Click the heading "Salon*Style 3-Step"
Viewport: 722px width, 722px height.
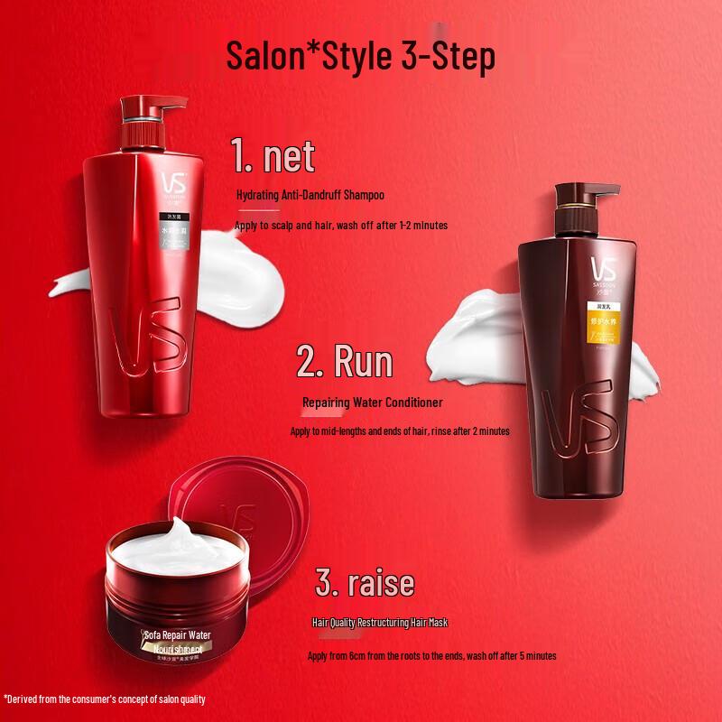(x=361, y=56)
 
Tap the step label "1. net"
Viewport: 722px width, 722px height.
(x=273, y=155)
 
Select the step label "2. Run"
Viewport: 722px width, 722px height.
(x=346, y=363)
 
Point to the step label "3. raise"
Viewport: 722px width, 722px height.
(x=365, y=582)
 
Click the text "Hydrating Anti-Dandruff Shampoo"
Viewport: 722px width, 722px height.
(x=310, y=195)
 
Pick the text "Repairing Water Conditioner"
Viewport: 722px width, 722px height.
(x=373, y=403)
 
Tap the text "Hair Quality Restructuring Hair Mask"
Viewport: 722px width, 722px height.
(x=380, y=623)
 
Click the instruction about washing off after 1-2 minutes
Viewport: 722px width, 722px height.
(x=341, y=225)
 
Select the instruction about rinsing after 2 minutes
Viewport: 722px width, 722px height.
(x=400, y=431)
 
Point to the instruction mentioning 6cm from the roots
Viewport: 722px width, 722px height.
(x=432, y=656)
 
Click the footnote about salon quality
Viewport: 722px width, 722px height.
(x=105, y=699)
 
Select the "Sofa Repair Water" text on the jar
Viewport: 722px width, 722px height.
(x=177, y=635)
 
